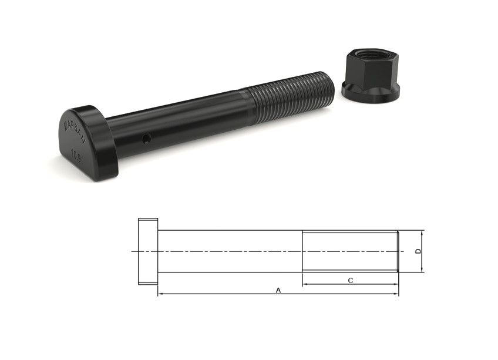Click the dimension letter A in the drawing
click(x=278, y=290)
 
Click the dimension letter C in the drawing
click(x=351, y=280)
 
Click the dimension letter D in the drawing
click(x=418, y=251)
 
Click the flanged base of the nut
click(x=371, y=92)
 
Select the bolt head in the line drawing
click(x=148, y=251)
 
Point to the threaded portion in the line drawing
click(x=350, y=251)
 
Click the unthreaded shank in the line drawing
click(x=229, y=251)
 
